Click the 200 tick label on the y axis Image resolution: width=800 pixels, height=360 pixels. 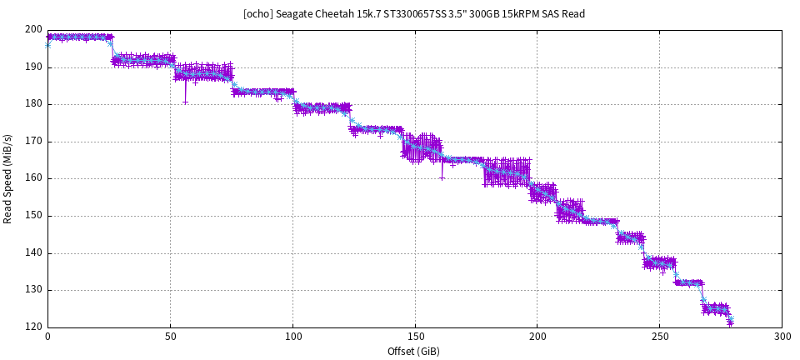(34, 30)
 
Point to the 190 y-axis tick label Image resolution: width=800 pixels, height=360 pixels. (34, 67)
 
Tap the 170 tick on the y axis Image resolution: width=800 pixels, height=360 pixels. (34, 142)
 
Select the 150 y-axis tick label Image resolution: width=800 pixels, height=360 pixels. (34, 216)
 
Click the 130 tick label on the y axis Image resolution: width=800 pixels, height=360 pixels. (34, 290)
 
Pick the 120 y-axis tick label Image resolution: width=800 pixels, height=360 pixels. (34, 327)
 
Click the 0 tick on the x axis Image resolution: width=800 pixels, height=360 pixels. (47, 337)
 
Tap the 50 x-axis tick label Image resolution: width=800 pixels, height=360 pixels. (170, 337)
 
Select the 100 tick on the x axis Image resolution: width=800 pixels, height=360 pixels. (292, 337)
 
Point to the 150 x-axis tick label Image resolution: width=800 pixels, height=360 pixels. (415, 337)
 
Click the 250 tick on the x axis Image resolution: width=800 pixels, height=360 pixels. (659, 337)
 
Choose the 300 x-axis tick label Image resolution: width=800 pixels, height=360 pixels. (782, 337)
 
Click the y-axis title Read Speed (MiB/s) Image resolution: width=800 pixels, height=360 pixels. (8, 178)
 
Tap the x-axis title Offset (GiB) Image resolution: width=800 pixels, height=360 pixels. (414, 351)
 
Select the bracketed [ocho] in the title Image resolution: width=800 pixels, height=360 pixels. (256, 13)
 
